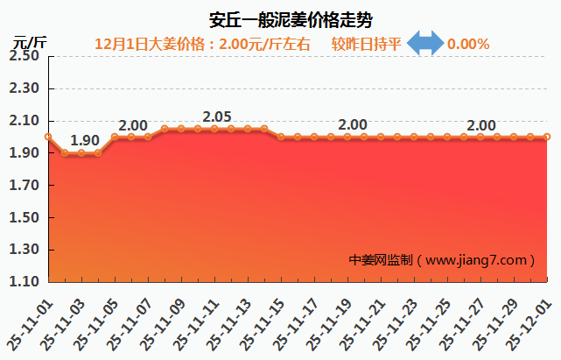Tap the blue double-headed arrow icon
[426, 43]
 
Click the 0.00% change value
[468, 44]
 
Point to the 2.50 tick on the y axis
[25, 56]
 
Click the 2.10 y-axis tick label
[25, 121]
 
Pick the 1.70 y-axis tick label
[25, 186]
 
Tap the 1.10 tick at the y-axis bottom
[25, 282]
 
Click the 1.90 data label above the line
[85, 140]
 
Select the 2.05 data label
[217, 116]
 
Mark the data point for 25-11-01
[48, 137]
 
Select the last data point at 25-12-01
[547, 137]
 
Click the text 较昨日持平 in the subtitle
[367, 44]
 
